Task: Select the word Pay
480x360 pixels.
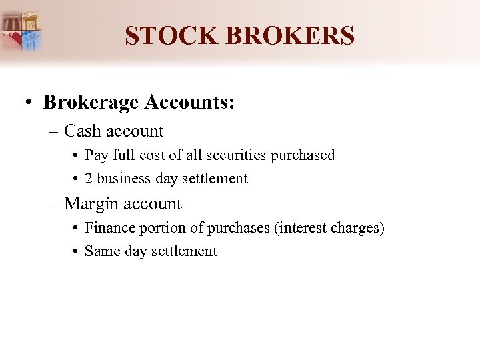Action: click(97, 155)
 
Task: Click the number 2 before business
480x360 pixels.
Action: click(89, 179)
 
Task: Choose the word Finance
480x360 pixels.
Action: click(109, 228)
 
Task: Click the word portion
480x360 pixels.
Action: click(164, 228)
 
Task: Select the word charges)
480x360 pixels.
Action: click(357, 228)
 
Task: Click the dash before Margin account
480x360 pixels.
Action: click(53, 204)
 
